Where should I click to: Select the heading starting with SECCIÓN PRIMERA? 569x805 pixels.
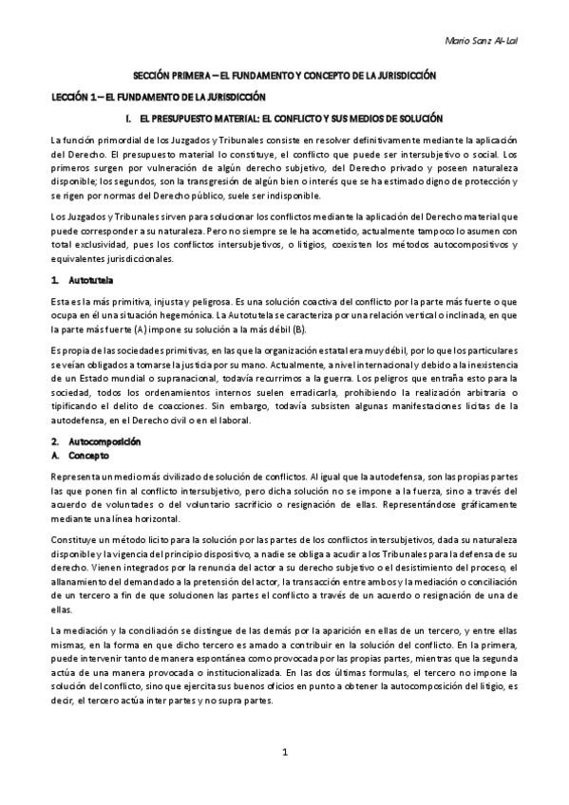coord(284,74)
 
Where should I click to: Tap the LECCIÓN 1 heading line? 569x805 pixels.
coord(157,97)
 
